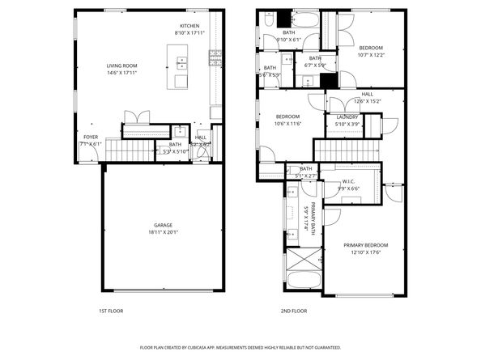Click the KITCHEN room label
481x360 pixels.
pos(189,26)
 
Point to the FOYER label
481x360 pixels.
pos(90,137)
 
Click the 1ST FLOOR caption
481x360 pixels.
pos(110,310)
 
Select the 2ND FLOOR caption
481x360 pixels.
pos(294,310)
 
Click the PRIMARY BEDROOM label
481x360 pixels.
pos(365,245)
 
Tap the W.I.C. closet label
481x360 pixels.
pos(348,181)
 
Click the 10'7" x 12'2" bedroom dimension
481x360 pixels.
pos(372,54)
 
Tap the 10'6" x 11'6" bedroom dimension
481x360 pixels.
pos(287,124)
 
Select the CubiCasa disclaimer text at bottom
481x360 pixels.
pos(240,347)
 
